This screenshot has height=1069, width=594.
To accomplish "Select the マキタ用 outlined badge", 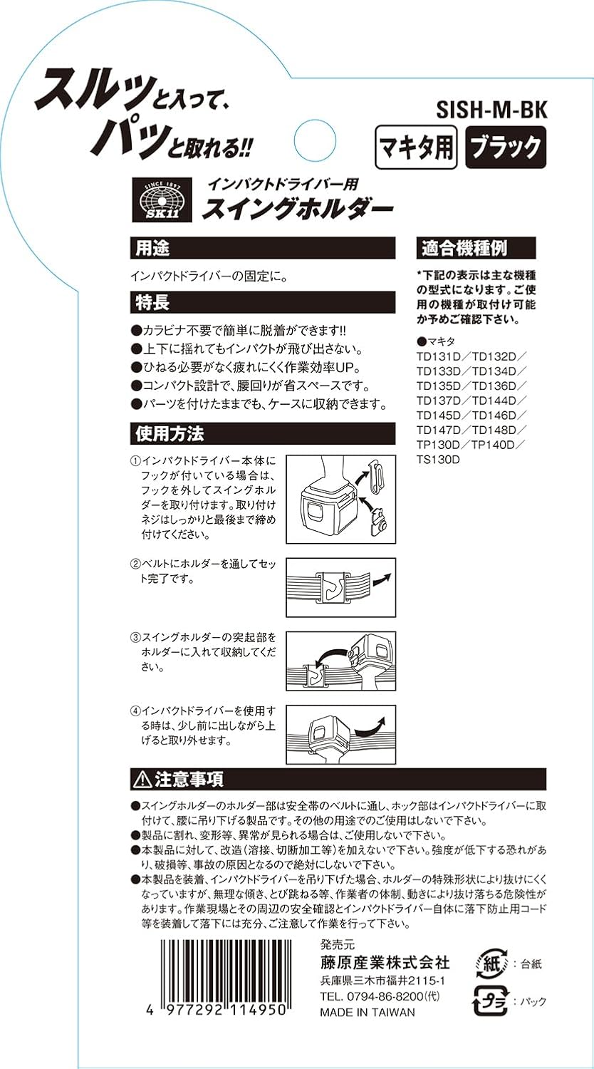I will pyautogui.click(x=416, y=148).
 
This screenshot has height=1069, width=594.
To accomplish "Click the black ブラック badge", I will pyautogui.click(x=505, y=148).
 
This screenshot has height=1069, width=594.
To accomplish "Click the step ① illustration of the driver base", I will pyautogui.click(x=340, y=497).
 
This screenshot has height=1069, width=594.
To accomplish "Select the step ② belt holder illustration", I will pyautogui.click(x=340, y=587).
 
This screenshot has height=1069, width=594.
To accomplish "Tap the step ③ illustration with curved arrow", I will pyautogui.click(x=340, y=661).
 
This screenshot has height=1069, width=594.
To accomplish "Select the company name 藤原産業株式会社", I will pyautogui.click(x=385, y=962).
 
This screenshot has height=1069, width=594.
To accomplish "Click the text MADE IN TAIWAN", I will pyautogui.click(x=367, y=1012).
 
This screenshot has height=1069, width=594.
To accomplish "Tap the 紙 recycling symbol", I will pyautogui.click(x=490, y=964).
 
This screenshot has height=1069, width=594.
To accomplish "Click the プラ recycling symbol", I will pyautogui.click(x=490, y=1001).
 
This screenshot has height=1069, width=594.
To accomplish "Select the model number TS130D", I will pyautogui.click(x=438, y=460).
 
